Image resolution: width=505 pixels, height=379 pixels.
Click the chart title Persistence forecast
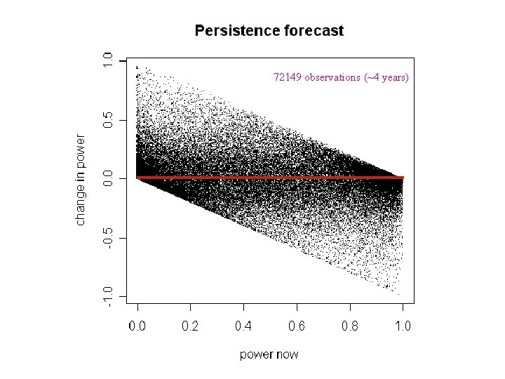click(269, 31)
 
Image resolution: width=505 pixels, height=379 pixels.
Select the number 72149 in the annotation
click(288, 77)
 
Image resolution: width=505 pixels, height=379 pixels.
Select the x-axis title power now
click(269, 354)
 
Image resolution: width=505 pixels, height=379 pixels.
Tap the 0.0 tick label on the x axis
click(137, 326)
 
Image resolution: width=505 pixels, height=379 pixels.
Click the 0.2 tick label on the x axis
click(190, 326)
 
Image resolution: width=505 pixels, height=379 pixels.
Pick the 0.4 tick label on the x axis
click(243, 326)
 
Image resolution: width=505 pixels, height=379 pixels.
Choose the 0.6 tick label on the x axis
click(297, 326)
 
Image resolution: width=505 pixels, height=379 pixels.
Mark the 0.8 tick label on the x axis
click(349, 326)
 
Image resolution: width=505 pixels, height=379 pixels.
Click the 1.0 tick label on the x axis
click(403, 326)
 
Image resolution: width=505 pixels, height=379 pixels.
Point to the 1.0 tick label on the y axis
click(107, 60)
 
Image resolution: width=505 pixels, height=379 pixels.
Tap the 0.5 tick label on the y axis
click(107, 119)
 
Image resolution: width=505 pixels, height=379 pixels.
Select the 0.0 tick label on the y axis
click(107, 178)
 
